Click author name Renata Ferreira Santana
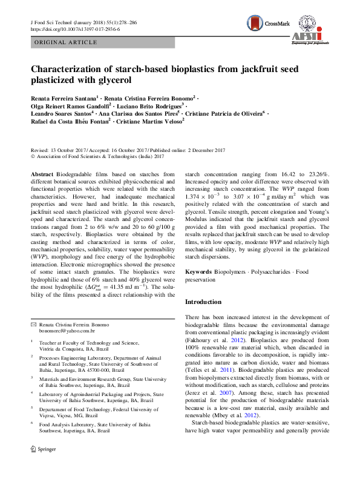tap(62, 97)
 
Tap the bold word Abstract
tap(42, 174)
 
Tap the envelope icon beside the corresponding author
tap(33, 325)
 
